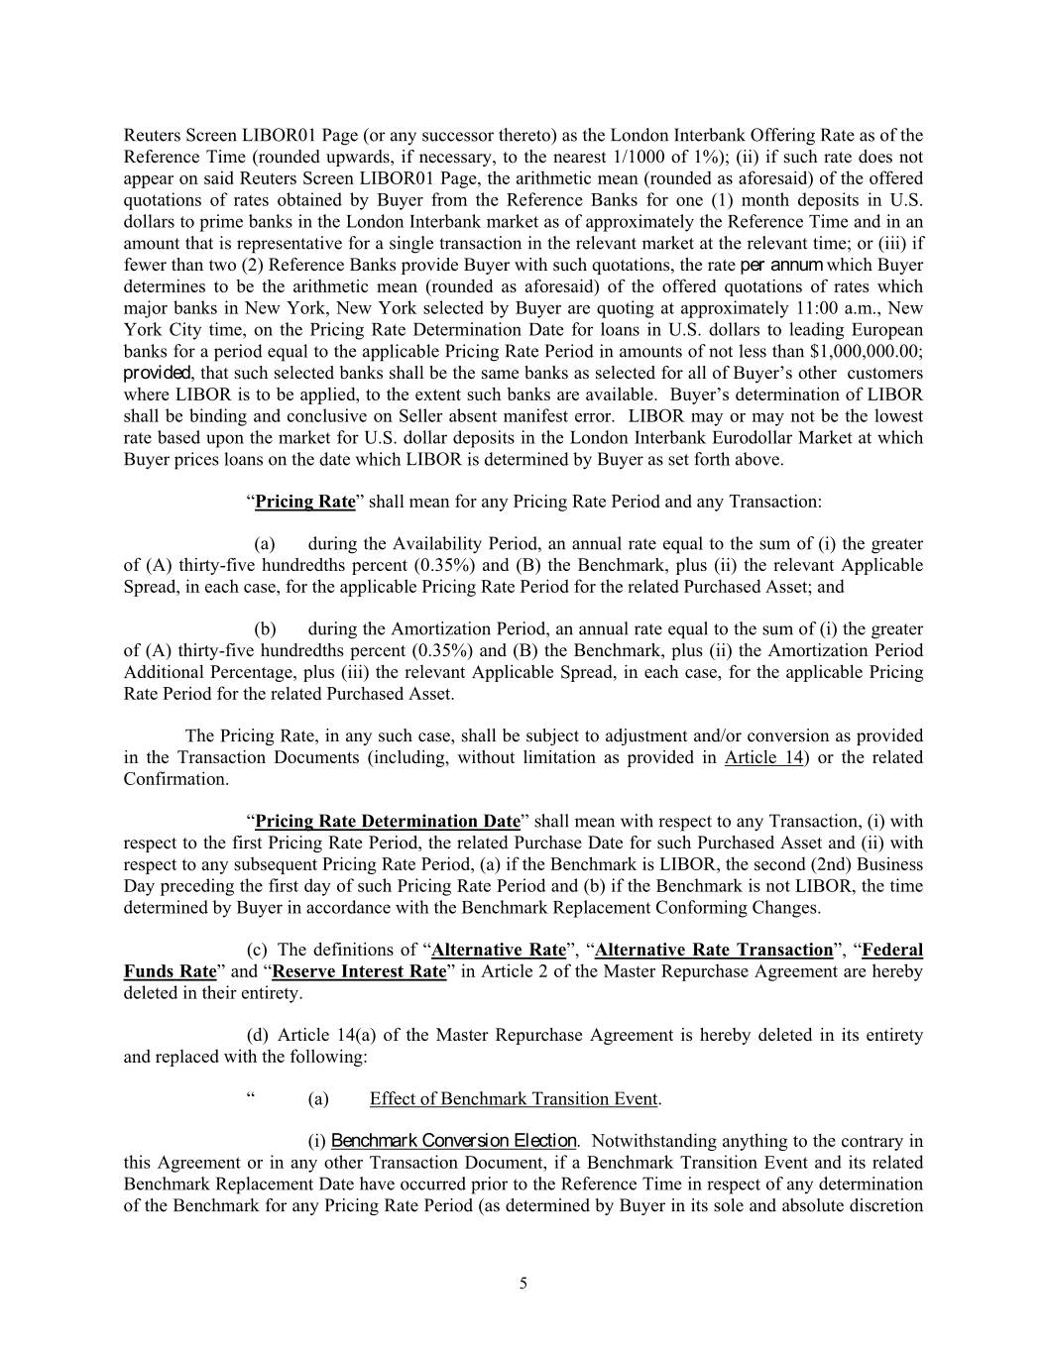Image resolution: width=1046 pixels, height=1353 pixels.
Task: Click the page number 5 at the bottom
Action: [x=523, y=1285]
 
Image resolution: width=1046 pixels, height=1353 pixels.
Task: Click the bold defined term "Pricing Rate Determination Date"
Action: [x=388, y=821]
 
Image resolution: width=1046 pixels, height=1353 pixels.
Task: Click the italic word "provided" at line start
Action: [x=157, y=373]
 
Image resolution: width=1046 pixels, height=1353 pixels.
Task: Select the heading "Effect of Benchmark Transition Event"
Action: [x=514, y=1098]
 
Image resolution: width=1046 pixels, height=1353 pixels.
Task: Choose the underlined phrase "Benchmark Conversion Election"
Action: [x=453, y=1141]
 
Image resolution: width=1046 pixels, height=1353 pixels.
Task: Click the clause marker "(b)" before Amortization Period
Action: [x=265, y=628]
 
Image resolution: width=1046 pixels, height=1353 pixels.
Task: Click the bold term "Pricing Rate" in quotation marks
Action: [x=304, y=501]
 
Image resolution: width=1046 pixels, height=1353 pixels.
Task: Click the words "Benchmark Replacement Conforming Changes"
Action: [x=649, y=907]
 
